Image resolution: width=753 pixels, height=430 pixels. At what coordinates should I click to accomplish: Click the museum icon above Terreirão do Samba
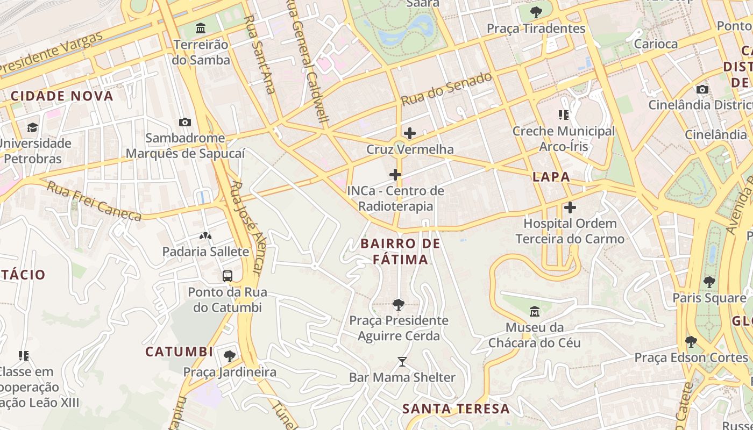pyautogui.click(x=201, y=27)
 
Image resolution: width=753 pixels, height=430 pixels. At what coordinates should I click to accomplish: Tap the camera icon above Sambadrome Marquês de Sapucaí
pyautogui.click(x=185, y=122)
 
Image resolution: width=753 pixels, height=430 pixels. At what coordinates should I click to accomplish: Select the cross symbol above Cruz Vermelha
pyautogui.click(x=410, y=133)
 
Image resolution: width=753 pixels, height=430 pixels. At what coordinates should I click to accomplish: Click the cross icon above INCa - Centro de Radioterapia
pyautogui.click(x=395, y=174)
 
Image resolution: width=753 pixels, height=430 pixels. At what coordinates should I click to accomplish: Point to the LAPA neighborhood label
pyautogui.click(x=551, y=177)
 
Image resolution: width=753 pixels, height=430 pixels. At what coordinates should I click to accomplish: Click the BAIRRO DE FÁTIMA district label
pyautogui.click(x=400, y=252)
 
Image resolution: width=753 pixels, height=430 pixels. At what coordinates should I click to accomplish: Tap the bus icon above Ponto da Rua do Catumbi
pyautogui.click(x=228, y=276)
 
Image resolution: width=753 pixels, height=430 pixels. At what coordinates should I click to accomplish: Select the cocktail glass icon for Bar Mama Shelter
pyautogui.click(x=402, y=361)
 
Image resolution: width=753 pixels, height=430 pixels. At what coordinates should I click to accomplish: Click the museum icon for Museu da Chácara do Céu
pyautogui.click(x=535, y=311)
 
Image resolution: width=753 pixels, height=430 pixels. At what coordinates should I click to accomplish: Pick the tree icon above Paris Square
pyautogui.click(x=709, y=282)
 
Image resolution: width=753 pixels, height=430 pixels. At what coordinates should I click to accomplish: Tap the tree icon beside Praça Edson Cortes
pyautogui.click(x=691, y=341)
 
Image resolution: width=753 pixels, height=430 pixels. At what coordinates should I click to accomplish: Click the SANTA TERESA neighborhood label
pyautogui.click(x=456, y=408)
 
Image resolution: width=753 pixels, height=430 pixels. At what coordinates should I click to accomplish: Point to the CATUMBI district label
pyautogui.click(x=179, y=352)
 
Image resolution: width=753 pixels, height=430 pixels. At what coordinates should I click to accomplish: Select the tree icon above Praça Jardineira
pyautogui.click(x=230, y=356)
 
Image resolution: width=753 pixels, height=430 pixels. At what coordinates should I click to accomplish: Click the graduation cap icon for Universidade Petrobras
pyautogui.click(x=33, y=127)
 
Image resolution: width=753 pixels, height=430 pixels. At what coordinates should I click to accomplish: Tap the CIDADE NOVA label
pyautogui.click(x=62, y=96)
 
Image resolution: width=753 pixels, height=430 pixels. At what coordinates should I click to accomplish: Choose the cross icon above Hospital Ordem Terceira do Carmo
pyautogui.click(x=570, y=207)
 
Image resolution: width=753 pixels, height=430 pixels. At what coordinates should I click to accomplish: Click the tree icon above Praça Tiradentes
pyautogui.click(x=536, y=12)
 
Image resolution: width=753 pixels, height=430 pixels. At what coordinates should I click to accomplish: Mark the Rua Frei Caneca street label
pyautogui.click(x=94, y=202)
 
